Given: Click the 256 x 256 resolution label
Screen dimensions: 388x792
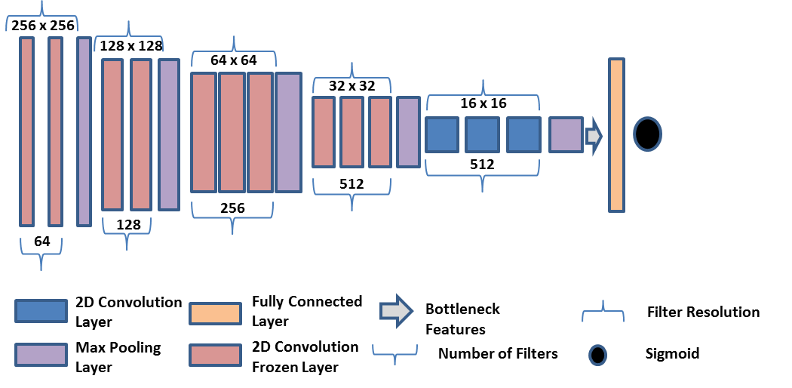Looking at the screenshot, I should coord(43,25).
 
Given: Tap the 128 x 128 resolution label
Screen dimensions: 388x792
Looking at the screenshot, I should coord(130,46).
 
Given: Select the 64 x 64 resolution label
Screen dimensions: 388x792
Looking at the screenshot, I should coord(234,60).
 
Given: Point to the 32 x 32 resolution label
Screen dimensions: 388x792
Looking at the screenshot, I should coord(351,86).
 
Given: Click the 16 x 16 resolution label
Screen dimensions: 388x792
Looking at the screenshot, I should coord(483,103).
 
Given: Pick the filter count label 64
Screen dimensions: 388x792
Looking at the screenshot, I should coord(42,242).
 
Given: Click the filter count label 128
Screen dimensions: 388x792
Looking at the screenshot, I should coord(128,224).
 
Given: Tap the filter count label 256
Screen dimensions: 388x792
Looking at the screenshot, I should coord(232,208).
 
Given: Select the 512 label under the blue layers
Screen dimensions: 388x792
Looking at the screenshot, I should coord(482,165).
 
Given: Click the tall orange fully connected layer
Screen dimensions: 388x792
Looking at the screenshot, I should coord(616,134).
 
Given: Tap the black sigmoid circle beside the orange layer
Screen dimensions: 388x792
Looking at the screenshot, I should coord(647,134).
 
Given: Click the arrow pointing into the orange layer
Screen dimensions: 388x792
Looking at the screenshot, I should coord(594,136).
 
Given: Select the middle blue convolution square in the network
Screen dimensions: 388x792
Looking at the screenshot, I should coord(482,134).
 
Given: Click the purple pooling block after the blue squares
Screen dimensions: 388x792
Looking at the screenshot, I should coord(565,134).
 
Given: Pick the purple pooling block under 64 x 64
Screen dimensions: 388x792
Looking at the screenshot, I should coord(288,132).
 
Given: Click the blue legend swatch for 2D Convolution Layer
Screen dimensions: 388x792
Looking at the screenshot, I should coord(41,311).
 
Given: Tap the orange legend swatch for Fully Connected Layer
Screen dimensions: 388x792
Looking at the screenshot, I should coord(216,311).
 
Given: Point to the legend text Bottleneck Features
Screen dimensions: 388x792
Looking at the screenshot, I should coord(462,319).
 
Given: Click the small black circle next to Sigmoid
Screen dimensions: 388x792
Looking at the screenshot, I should coord(597,354).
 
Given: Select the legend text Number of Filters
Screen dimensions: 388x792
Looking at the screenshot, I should coord(498,353).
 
